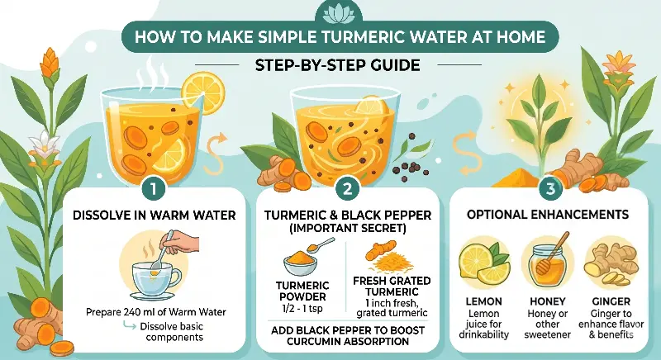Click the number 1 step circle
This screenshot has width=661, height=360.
(x=153, y=189)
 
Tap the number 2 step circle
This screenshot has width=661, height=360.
(x=348, y=189)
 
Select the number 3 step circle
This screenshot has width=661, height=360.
(x=550, y=189)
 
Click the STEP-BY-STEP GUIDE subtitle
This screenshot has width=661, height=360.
(x=338, y=65)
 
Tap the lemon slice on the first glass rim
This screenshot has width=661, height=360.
(x=202, y=92)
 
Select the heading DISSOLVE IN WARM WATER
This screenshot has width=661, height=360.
(x=154, y=216)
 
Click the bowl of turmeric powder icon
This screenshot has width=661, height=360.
(x=300, y=263)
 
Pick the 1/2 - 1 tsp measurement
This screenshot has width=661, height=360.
(x=302, y=309)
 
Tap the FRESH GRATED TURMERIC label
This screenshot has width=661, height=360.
(x=392, y=287)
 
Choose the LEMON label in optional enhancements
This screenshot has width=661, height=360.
(x=483, y=301)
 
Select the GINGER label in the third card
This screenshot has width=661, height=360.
(x=611, y=301)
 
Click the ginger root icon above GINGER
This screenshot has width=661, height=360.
(x=611, y=263)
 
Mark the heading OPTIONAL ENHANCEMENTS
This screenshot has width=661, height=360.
(x=548, y=215)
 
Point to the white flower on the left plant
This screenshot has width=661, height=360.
(x=43, y=144)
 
